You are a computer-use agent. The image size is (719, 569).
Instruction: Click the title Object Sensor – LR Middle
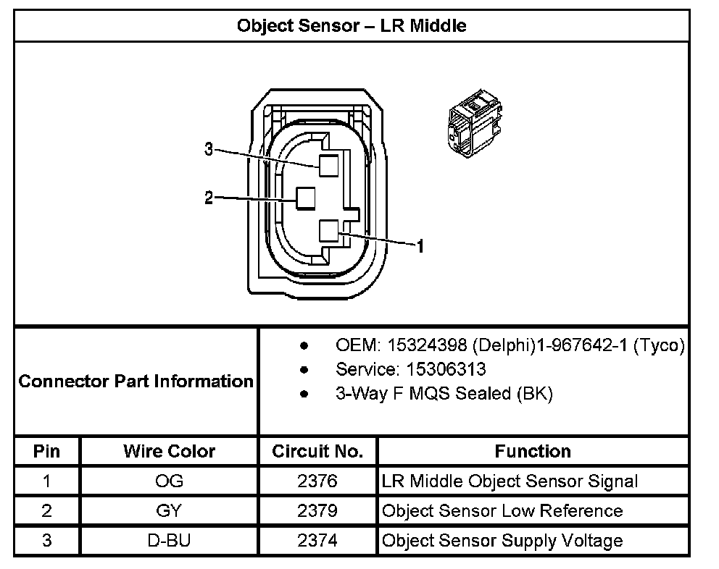pos(352,26)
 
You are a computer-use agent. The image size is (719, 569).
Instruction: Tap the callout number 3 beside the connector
pos(209,150)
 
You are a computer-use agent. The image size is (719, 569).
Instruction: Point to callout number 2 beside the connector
pos(209,198)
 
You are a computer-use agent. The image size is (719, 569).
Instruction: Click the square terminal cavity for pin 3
pos(328,166)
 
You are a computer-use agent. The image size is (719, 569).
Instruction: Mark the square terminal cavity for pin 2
pos(304,198)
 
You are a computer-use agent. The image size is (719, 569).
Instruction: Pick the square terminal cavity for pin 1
pos(330,231)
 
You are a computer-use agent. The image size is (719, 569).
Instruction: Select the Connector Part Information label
pos(136,382)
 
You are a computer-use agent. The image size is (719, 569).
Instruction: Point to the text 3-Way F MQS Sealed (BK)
pos(444,394)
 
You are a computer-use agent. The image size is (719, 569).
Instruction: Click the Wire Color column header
pos(169,452)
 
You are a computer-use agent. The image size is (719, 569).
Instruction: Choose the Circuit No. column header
pos(317,452)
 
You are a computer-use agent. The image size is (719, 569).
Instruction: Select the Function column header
pos(533,452)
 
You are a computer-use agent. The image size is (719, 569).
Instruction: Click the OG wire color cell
pos(169,481)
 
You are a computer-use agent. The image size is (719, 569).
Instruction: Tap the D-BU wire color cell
pos(169,541)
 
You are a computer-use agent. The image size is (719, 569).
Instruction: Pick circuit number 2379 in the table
pos(317,511)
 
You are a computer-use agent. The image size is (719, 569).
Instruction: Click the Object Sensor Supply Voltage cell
pos(502,541)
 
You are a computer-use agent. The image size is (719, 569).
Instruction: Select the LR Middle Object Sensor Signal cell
pos(510,481)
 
